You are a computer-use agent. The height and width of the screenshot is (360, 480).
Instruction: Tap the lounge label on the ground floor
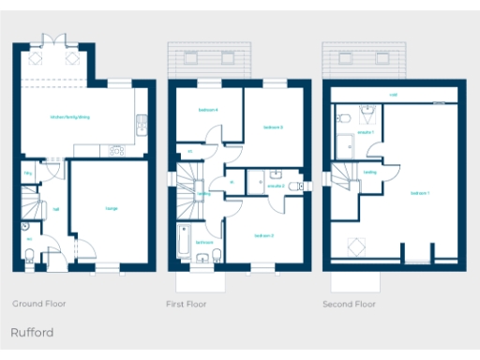tap(112, 209)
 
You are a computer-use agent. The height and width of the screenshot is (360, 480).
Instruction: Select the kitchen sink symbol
tap(141, 120)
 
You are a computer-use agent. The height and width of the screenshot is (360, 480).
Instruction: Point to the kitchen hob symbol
tap(116, 149)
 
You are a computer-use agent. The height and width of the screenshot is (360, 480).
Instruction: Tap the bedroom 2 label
tap(264, 235)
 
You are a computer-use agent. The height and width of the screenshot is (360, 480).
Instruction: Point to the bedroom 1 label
tap(420, 192)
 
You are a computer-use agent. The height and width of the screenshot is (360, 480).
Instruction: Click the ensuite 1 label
tap(366, 132)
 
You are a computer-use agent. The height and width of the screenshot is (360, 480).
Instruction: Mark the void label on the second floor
tap(393, 95)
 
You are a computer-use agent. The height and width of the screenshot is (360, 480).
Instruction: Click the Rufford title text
tap(32, 333)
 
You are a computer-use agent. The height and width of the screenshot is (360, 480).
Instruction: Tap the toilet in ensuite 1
tap(345, 117)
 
